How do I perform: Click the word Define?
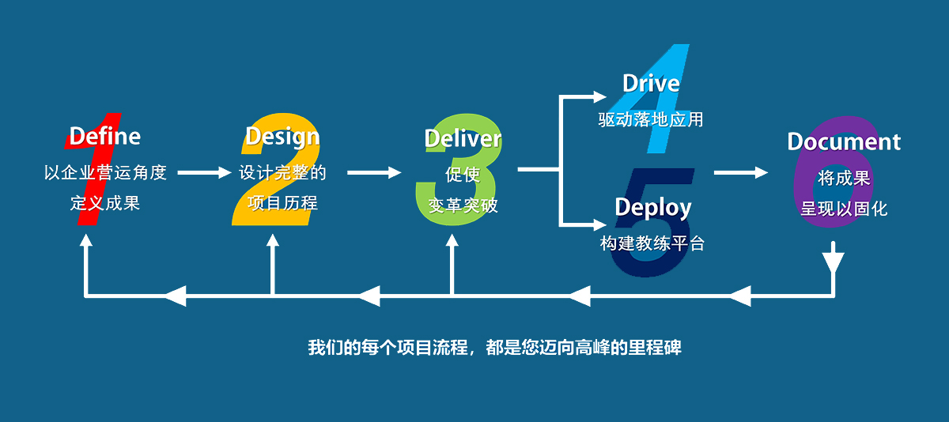pos(105,136)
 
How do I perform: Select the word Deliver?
pos(463,138)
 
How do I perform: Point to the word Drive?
pos(651,84)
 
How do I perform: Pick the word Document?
pos(844,141)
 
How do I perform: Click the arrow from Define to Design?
pos(204,172)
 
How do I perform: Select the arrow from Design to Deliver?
pos(374,172)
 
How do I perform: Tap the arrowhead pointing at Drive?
pos(600,97)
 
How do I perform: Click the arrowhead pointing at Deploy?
pos(600,224)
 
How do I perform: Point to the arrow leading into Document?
pos(740,172)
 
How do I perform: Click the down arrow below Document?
pos(834,258)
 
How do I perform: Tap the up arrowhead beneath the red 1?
pos(86,240)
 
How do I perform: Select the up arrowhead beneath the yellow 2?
pos(272,240)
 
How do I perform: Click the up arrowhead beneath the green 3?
pos(452,240)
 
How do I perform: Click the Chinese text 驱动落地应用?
pos(651,119)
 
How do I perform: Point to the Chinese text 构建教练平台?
pos(652,243)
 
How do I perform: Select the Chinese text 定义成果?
pos(105,203)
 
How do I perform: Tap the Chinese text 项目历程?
pos(282,203)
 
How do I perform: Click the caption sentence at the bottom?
pos(494,348)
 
